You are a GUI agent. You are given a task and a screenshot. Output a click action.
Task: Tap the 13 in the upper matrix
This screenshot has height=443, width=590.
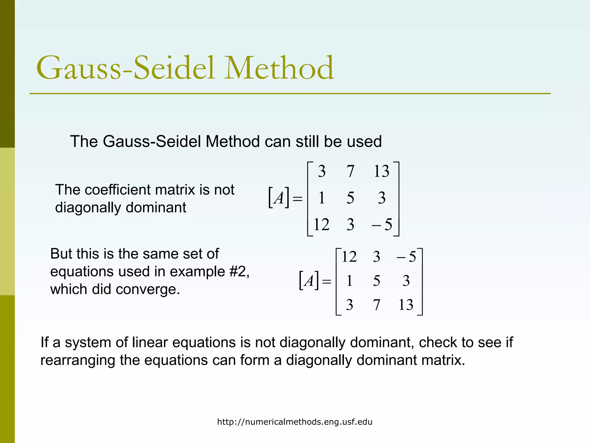coord(381,171)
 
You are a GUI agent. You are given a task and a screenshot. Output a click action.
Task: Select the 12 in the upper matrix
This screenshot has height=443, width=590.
coord(321,224)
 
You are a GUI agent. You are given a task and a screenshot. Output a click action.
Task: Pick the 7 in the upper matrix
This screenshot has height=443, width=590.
coord(350,171)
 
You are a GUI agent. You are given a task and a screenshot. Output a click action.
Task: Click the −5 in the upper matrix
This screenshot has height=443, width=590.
coord(382,224)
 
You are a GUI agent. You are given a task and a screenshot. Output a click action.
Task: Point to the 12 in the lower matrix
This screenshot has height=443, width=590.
coord(349,256)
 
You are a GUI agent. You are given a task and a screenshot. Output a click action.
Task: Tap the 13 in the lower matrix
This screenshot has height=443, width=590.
coord(406,305)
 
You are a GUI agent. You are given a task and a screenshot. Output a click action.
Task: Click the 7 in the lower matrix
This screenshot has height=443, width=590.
coord(377,305)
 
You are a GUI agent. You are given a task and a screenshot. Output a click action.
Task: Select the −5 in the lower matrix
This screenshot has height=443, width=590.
coord(406,256)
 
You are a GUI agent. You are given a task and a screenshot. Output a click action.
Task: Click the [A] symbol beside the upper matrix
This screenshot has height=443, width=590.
coord(279,198)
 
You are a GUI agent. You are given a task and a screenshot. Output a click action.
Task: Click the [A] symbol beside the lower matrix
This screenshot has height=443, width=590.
coord(309,280)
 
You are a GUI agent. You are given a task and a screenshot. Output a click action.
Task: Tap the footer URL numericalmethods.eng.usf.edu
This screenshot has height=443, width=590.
coord(295,422)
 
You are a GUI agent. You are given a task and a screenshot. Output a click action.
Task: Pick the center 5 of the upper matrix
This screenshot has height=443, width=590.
coord(350,198)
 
